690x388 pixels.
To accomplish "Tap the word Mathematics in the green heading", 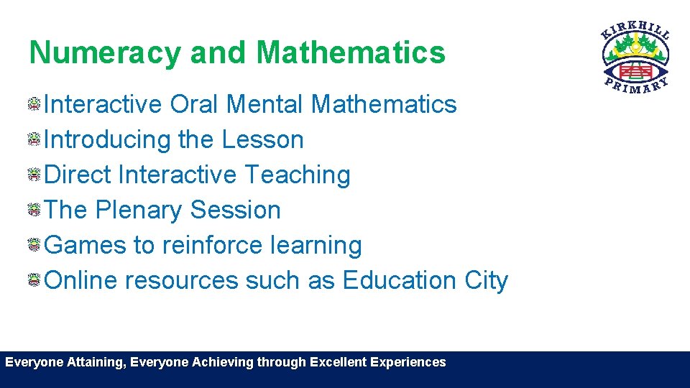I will [350, 52].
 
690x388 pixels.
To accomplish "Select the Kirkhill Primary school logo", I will [635, 57].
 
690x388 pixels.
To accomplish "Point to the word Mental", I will [265, 104].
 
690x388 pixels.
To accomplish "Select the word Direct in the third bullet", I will [78, 175].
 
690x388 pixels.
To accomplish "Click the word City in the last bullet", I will [487, 280].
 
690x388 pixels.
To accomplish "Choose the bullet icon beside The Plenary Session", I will [34, 210].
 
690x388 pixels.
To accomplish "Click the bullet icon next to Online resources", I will [34, 280].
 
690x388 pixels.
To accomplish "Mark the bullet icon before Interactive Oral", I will [34, 105].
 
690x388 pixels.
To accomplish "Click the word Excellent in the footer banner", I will [338, 362].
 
